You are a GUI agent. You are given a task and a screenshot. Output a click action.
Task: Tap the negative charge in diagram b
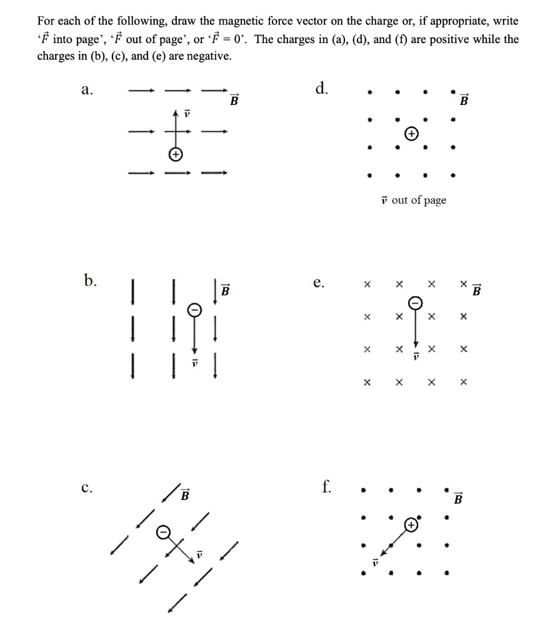194,309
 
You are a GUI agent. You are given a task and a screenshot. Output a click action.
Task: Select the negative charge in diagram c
162,531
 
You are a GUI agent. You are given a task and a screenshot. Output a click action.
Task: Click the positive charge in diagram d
411,133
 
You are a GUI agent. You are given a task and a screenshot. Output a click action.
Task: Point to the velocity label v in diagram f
376,562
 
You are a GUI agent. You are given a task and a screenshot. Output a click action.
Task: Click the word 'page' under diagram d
434,200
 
